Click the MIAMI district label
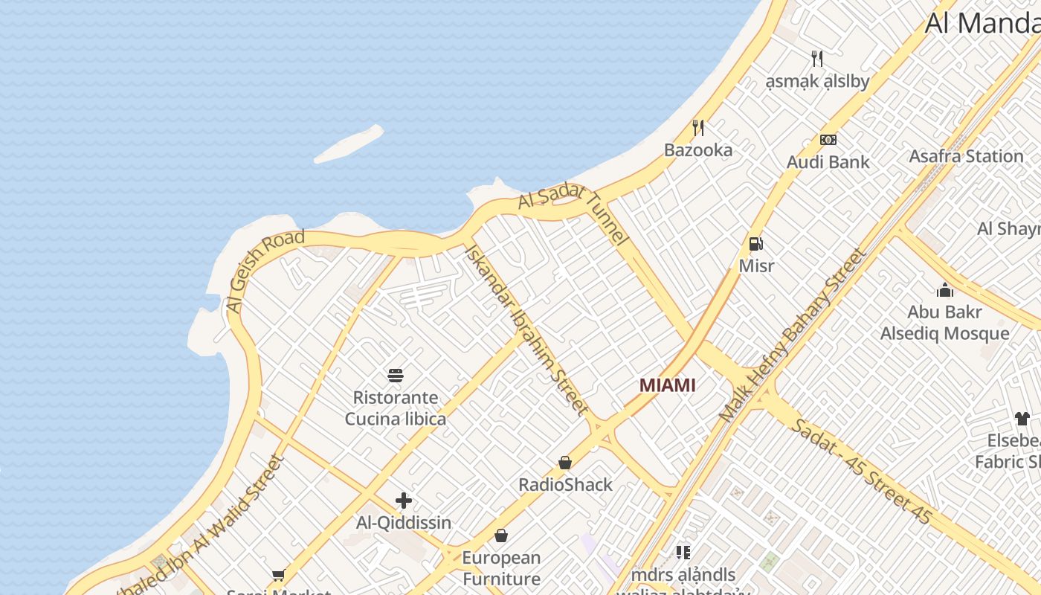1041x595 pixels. pyautogui.click(x=668, y=385)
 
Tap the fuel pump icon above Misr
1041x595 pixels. pyautogui.click(x=755, y=243)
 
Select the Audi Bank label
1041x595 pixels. pyautogui.click(x=828, y=161)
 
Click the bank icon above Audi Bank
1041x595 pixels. pyautogui.click(x=828, y=140)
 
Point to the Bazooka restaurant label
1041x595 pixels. pyautogui.click(x=697, y=149)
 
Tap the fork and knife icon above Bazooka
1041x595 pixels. pyautogui.click(x=697, y=128)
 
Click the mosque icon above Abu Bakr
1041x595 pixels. pyautogui.click(x=945, y=290)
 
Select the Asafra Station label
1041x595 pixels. pyautogui.click(x=966, y=156)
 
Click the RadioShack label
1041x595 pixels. pyautogui.click(x=565, y=485)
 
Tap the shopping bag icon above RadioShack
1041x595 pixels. pyautogui.click(x=565, y=463)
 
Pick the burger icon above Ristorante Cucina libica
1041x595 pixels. pyautogui.click(x=396, y=375)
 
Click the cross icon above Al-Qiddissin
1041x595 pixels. pyautogui.click(x=404, y=501)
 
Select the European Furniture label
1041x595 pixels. pyautogui.click(x=501, y=567)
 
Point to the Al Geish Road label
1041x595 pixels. pyautogui.click(x=265, y=271)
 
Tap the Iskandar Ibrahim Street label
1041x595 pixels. pyautogui.click(x=526, y=328)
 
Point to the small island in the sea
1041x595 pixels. pyautogui.click(x=349, y=144)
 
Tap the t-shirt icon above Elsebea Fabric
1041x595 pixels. pyautogui.click(x=1022, y=419)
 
